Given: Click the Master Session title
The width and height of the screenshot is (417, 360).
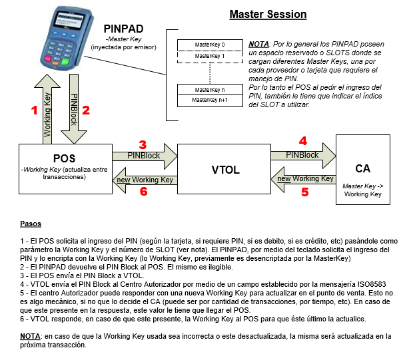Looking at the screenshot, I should pyautogui.click(x=268, y=14).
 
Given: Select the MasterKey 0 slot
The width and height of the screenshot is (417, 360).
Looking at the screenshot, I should pyautogui.click(x=209, y=45).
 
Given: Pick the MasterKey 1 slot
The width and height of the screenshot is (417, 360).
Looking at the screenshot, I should pyautogui.click(x=209, y=56).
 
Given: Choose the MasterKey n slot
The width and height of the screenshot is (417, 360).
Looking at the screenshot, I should pyautogui.click(x=209, y=89).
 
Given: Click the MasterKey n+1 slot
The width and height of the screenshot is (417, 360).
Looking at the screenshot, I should pyautogui.click(x=209, y=99).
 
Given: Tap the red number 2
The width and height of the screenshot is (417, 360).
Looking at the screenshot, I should pyautogui.click(x=85, y=111).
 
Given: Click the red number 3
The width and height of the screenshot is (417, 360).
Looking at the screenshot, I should pyautogui.click(x=143, y=143).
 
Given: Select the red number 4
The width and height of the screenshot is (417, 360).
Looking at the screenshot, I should pyautogui.click(x=302, y=141).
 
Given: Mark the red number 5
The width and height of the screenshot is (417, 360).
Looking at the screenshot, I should pyautogui.click(x=305, y=192).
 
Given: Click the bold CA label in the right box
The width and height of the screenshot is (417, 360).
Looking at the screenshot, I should pyautogui.click(x=362, y=168).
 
